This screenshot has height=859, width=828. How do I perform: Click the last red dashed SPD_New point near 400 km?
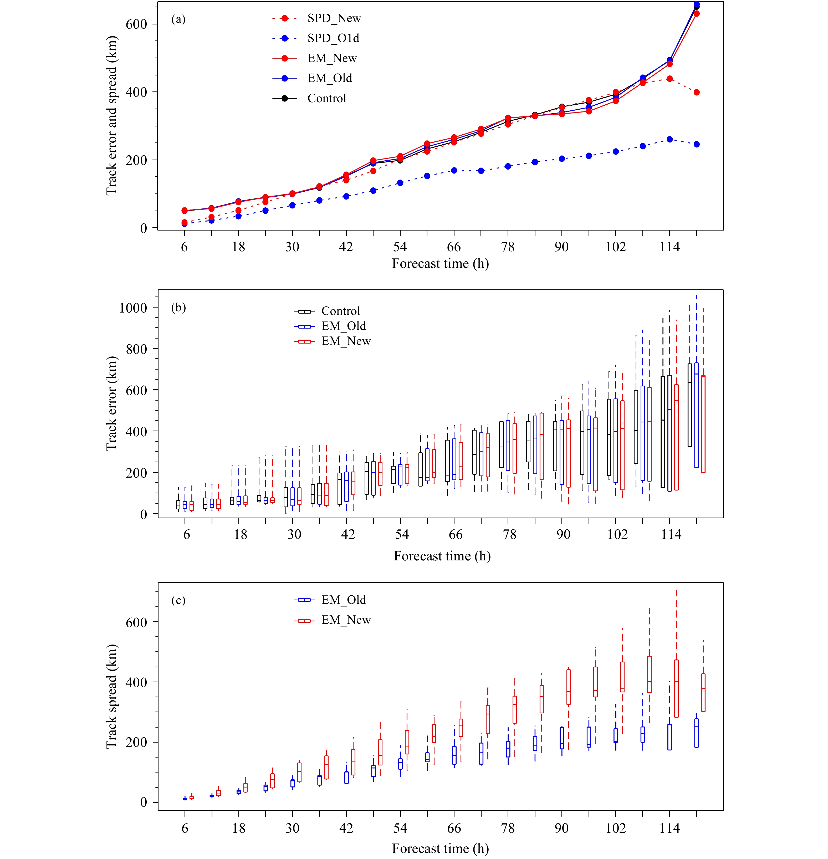[697, 93]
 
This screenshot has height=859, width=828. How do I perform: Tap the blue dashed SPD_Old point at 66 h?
[454, 171]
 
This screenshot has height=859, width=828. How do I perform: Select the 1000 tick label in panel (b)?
[133, 308]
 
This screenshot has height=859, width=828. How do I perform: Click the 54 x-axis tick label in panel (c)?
[400, 828]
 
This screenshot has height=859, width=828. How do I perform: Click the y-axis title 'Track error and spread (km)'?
[112, 116]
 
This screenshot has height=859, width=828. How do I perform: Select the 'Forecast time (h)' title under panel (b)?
[442, 556]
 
